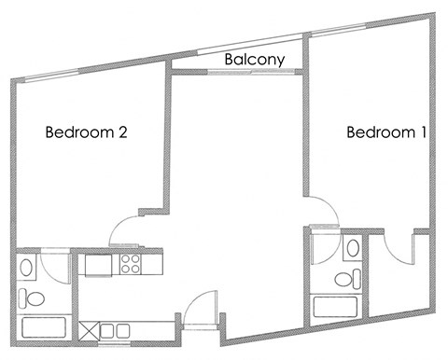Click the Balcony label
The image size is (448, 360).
click(x=255, y=60)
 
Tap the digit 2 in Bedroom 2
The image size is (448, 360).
click(x=121, y=132)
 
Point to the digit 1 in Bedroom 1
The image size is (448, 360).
click(x=423, y=132)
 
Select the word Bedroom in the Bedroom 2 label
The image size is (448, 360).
click(x=78, y=132)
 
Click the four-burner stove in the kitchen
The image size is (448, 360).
click(x=131, y=264)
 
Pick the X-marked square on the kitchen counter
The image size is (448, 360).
click(x=91, y=330)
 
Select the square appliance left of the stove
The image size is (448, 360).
click(x=97, y=264)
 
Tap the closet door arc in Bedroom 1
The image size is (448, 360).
click(x=399, y=252)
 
